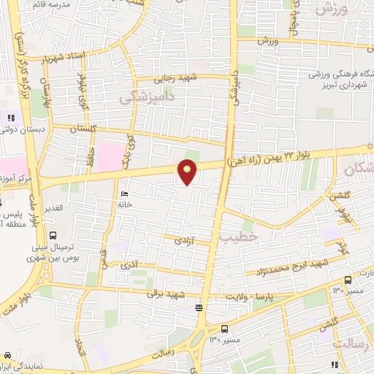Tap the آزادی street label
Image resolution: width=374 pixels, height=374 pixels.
[x=183, y=240]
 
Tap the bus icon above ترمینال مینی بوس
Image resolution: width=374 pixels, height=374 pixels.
[x=54, y=234]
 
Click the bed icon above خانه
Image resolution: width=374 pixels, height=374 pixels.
[x=123, y=194]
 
